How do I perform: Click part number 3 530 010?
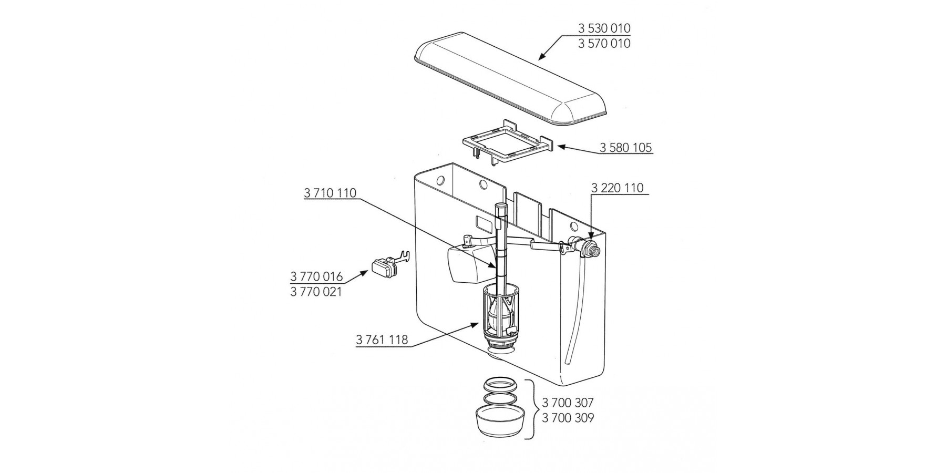(x=604, y=28)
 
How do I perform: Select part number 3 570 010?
(x=604, y=44)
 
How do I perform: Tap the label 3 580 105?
(x=626, y=148)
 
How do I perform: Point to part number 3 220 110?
(x=617, y=188)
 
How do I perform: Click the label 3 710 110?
(x=330, y=193)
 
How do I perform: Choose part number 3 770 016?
(x=316, y=276)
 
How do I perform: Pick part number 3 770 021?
(x=316, y=292)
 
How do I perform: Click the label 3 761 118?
(x=382, y=340)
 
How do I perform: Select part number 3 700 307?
(x=568, y=403)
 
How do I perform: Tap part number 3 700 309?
(x=568, y=418)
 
